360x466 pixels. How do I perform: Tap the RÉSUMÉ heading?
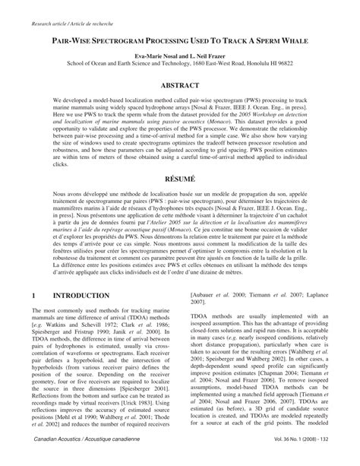point(180,174)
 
